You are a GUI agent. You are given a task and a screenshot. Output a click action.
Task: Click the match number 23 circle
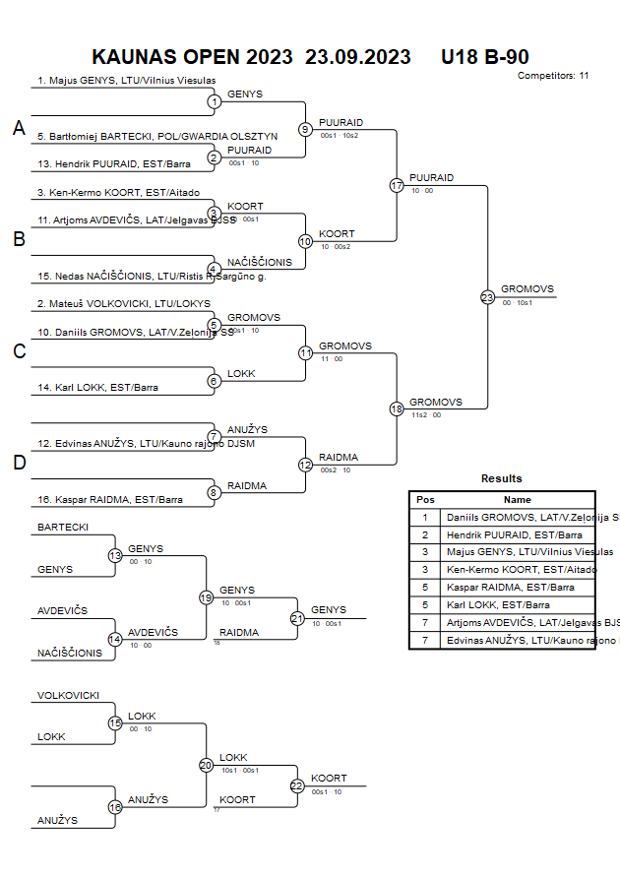pos(487,296)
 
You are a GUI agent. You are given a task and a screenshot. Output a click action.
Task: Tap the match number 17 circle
pos(397,185)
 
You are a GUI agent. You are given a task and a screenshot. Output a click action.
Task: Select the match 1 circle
pos(214,100)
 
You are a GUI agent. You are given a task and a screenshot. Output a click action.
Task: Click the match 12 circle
pos(305,464)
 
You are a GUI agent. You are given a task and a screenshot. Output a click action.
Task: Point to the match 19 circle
pos(206,597)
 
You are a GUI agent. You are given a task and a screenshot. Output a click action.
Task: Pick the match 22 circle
pos(297,785)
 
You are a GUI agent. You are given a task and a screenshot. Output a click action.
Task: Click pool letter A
pos(19,128)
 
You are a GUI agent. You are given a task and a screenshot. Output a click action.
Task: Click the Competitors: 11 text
pos(552,75)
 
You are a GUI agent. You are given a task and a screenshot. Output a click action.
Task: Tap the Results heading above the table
pos(502,478)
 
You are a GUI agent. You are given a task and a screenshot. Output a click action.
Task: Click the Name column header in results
pos(518,500)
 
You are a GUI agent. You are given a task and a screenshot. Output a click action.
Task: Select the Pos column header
pos(425,500)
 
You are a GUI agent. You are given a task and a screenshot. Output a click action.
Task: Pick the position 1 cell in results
pos(425,517)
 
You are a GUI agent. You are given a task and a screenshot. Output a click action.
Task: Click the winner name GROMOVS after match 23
pos(527,289)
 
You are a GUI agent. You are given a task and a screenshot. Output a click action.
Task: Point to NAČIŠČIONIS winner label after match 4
pos(260,262)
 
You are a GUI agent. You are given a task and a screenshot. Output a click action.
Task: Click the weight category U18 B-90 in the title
pos(485,57)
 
